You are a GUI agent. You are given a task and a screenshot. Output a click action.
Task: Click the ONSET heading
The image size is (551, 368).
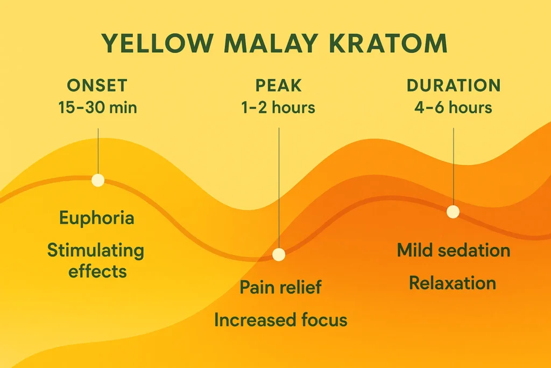97,85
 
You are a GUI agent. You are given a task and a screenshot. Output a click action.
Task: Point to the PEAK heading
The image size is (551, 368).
278,85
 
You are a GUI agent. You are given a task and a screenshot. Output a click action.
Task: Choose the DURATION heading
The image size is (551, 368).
453,85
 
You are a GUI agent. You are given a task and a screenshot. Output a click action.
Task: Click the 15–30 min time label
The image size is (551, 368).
97,107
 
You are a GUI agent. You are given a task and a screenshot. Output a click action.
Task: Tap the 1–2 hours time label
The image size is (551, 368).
278,107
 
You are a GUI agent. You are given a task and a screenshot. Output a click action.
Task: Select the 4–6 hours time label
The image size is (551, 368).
453,107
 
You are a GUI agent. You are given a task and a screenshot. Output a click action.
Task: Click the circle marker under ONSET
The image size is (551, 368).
97,180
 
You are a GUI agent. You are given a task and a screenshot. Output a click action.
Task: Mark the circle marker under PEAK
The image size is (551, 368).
279,255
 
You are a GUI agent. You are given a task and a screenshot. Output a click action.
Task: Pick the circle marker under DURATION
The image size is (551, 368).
454,212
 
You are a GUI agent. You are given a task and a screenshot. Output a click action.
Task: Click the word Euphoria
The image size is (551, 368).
97,218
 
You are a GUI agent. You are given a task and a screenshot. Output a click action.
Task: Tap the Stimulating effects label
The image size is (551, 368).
96,260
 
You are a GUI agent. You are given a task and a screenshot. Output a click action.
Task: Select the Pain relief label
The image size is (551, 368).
280,287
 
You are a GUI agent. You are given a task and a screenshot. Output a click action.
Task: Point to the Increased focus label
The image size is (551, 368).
280,320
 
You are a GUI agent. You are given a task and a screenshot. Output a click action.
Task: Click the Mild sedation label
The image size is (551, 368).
454,250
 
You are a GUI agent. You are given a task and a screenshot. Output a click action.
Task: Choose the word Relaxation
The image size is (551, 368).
453,283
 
